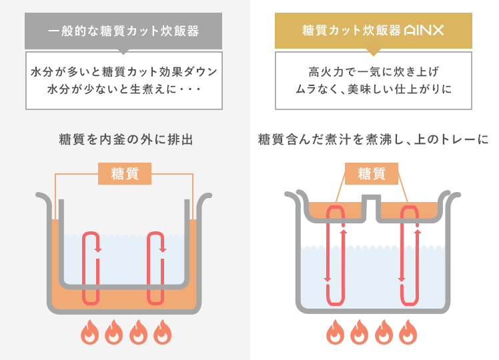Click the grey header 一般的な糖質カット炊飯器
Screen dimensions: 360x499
(x=125, y=31)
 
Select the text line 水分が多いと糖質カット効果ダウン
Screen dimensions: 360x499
(x=125, y=71)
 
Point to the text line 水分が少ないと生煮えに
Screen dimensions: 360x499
(x=125, y=88)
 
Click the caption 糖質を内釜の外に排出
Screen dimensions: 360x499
(x=125, y=140)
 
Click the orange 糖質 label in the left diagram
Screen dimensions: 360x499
(x=125, y=174)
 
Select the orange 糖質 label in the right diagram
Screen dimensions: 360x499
(x=372, y=174)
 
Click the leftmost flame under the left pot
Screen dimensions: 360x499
(x=89, y=331)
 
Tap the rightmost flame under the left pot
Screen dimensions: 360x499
(x=162, y=331)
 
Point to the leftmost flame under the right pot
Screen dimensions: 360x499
(x=336, y=331)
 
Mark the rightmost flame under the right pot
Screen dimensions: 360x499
(x=408, y=331)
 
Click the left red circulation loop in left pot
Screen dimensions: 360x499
(x=91, y=267)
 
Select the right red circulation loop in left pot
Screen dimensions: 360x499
(x=155, y=267)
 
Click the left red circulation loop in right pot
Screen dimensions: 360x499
(x=335, y=253)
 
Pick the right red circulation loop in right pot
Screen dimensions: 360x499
(x=410, y=253)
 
